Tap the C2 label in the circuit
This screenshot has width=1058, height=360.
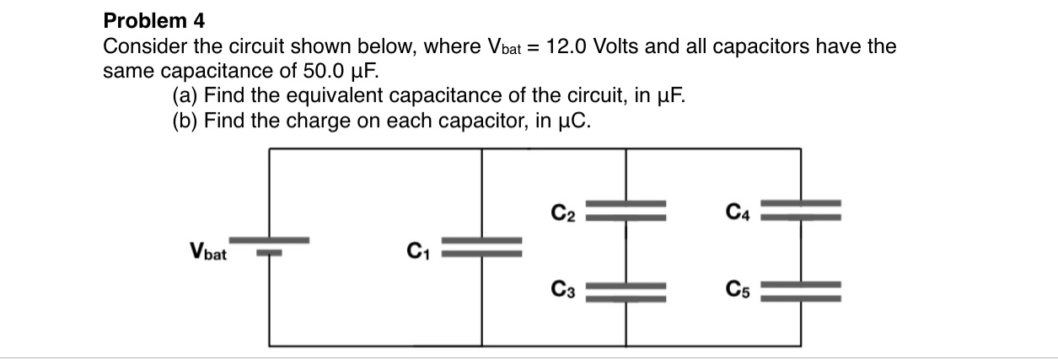(x=564, y=210)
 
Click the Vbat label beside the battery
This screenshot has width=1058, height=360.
(x=210, y=250)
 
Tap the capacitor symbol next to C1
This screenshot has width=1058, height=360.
(x=482, y=246)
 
